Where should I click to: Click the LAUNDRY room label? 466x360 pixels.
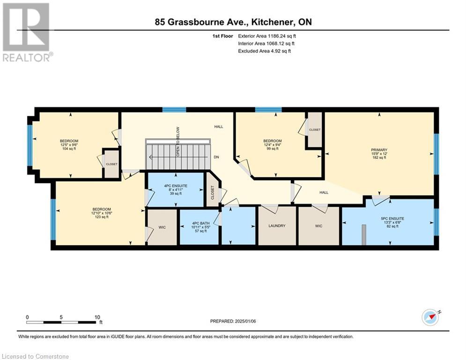[x=277, y=226]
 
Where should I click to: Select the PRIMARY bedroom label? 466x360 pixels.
[x=379, y=150]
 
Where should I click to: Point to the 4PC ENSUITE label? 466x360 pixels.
[x=176, y=186]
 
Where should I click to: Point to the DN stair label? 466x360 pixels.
[x=216, y=157]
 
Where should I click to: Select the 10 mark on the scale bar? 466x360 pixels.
[x=96, y=317]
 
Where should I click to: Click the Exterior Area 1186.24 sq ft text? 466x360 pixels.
[x=266, y=36]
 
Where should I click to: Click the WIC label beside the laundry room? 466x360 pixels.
[x=318, y=226]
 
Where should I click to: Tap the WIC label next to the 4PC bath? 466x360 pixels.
[x=162, y=227]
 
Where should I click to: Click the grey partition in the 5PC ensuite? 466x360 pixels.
[x=363, y=233]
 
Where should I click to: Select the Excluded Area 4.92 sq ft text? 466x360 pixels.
[x=264, y=51]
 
